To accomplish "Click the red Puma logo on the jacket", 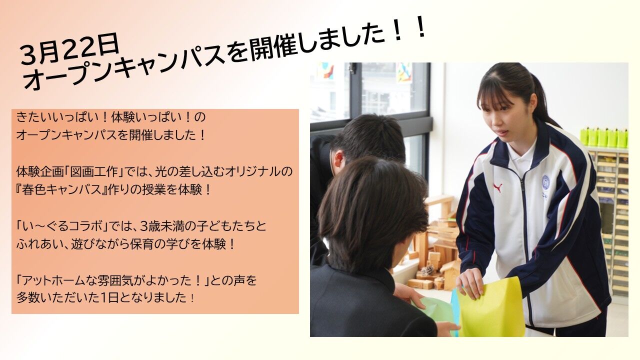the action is [497, 187].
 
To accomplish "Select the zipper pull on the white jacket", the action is [522, 183].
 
